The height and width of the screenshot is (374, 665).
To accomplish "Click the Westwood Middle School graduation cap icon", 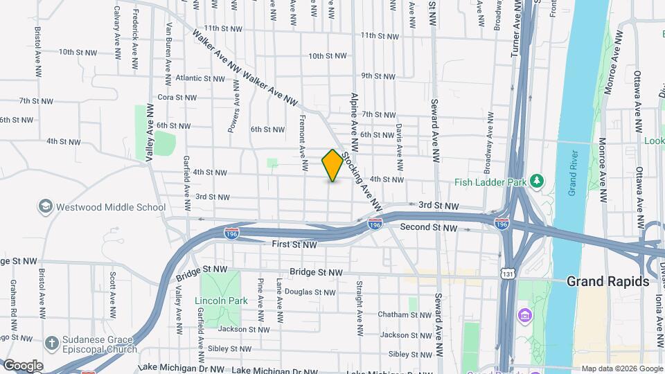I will point(46,206).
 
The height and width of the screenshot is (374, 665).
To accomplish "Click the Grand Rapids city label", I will point(608,281).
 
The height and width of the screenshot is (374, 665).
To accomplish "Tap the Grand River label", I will point(573,173).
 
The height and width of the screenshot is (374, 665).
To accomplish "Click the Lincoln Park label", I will point(221,301).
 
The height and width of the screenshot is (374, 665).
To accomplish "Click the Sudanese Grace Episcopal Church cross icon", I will point(51,342).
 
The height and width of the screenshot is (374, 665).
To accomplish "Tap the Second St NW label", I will point(429,227).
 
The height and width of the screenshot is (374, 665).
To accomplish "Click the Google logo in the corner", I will point(22,366).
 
